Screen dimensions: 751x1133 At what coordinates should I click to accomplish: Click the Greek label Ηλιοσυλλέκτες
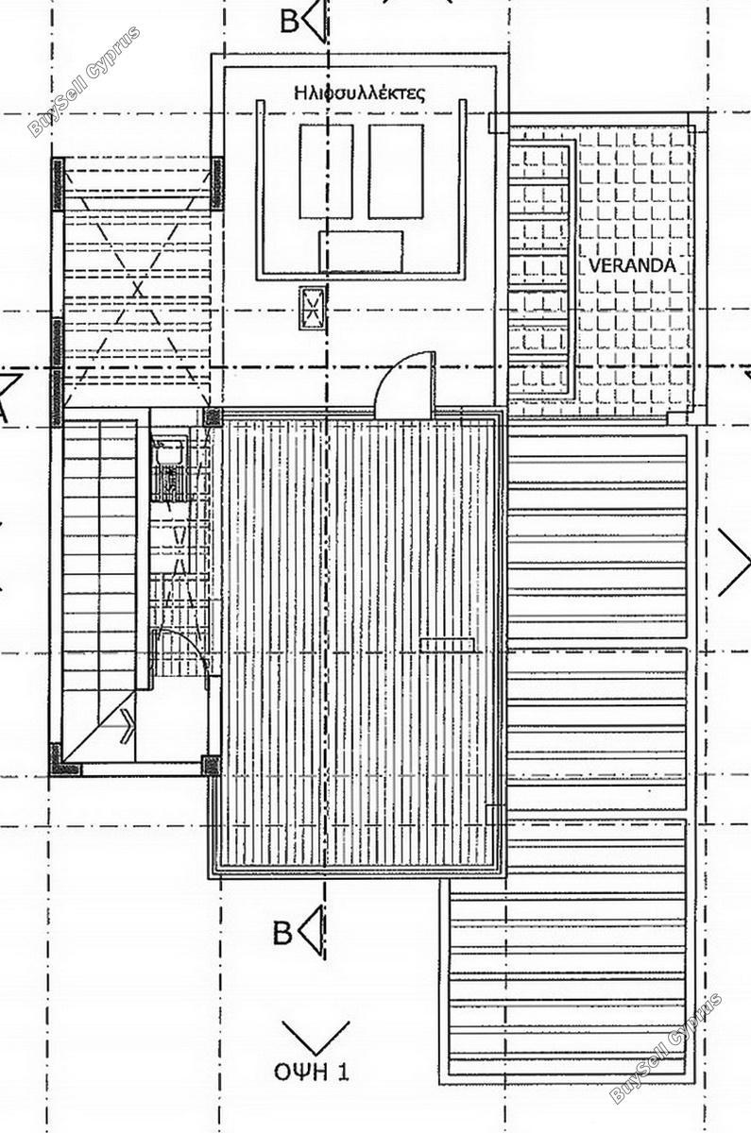(x=360, y=93)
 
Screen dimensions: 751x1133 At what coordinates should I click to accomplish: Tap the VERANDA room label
(x=632, y=265)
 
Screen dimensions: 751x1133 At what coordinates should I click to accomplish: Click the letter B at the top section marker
(x=289, y=22)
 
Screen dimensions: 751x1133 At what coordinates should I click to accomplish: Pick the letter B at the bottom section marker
(x=282, y=934)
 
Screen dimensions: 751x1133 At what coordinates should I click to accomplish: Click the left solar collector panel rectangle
(x=326, y=172)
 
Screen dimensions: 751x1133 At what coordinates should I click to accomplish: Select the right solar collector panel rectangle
(x=396, y=172)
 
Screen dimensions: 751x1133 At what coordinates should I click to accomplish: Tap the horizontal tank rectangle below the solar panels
(x=361, y=251)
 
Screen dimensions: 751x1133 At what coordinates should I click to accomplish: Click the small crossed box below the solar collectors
(x=311, y=309)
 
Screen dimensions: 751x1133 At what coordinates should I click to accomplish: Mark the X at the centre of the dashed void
(x=137, y=290)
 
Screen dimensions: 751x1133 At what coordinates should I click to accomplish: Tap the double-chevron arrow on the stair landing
(x=127, y=726)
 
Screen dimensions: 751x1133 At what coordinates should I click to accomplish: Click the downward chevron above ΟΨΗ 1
(x=316, y=1035)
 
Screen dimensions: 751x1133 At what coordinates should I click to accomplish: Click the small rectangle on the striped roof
(x=447, y=644)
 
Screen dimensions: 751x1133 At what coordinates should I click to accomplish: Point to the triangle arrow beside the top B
(x=316, y=21)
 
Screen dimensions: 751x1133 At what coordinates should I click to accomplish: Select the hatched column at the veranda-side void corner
(x=216, y=183)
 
